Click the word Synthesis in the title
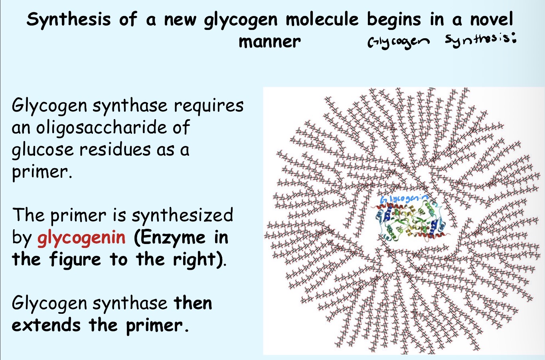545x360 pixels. [x=68, y=20]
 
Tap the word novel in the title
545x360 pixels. [x=491, y=19]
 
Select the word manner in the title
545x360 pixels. [x=269, y=41]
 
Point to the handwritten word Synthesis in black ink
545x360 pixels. [x=479, y=40]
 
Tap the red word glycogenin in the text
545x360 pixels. [x=81, y=238]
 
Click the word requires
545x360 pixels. [x=209, y=106]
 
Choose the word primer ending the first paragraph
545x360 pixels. [x=40, y=172]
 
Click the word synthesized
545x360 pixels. [x=182, y=215]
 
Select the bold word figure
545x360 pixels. [x=75, y=260]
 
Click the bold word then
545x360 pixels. [x=193, y=303]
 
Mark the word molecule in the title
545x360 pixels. [x=322, y=19]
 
